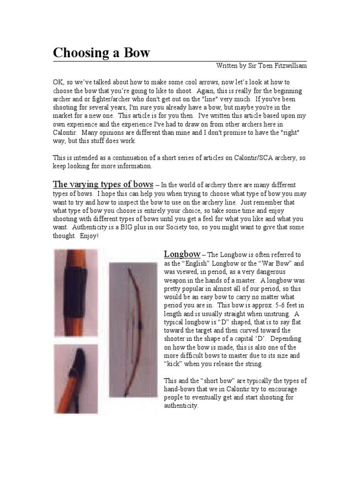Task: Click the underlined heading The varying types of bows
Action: tap(103, 183)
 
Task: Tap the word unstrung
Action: tap(272, 314)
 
